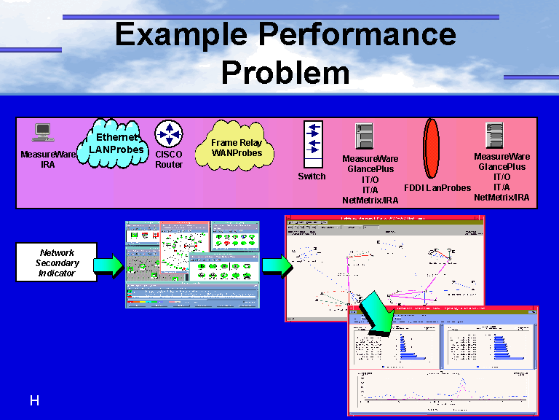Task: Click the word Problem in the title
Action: (x=285, y=72)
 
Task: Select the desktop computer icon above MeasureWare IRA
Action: (x=43, y=133)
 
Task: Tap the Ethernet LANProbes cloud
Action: (x=116, y=143)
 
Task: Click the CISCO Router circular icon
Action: (x=169, y=134)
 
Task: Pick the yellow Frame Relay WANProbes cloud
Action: (x=236, y=148)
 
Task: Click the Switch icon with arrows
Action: (x=312, y=145)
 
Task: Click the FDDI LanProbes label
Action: (x=437, y=188)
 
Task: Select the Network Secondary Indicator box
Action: (x=57, y=263)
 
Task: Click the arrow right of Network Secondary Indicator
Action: (x=108, y=265)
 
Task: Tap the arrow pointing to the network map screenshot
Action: (x=276, y=266)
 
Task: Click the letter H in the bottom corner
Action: (x=33, y=400)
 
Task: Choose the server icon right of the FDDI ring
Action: (x=495, y=136)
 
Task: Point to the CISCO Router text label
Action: (x=169, y=160)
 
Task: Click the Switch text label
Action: (x=312, y=176)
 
